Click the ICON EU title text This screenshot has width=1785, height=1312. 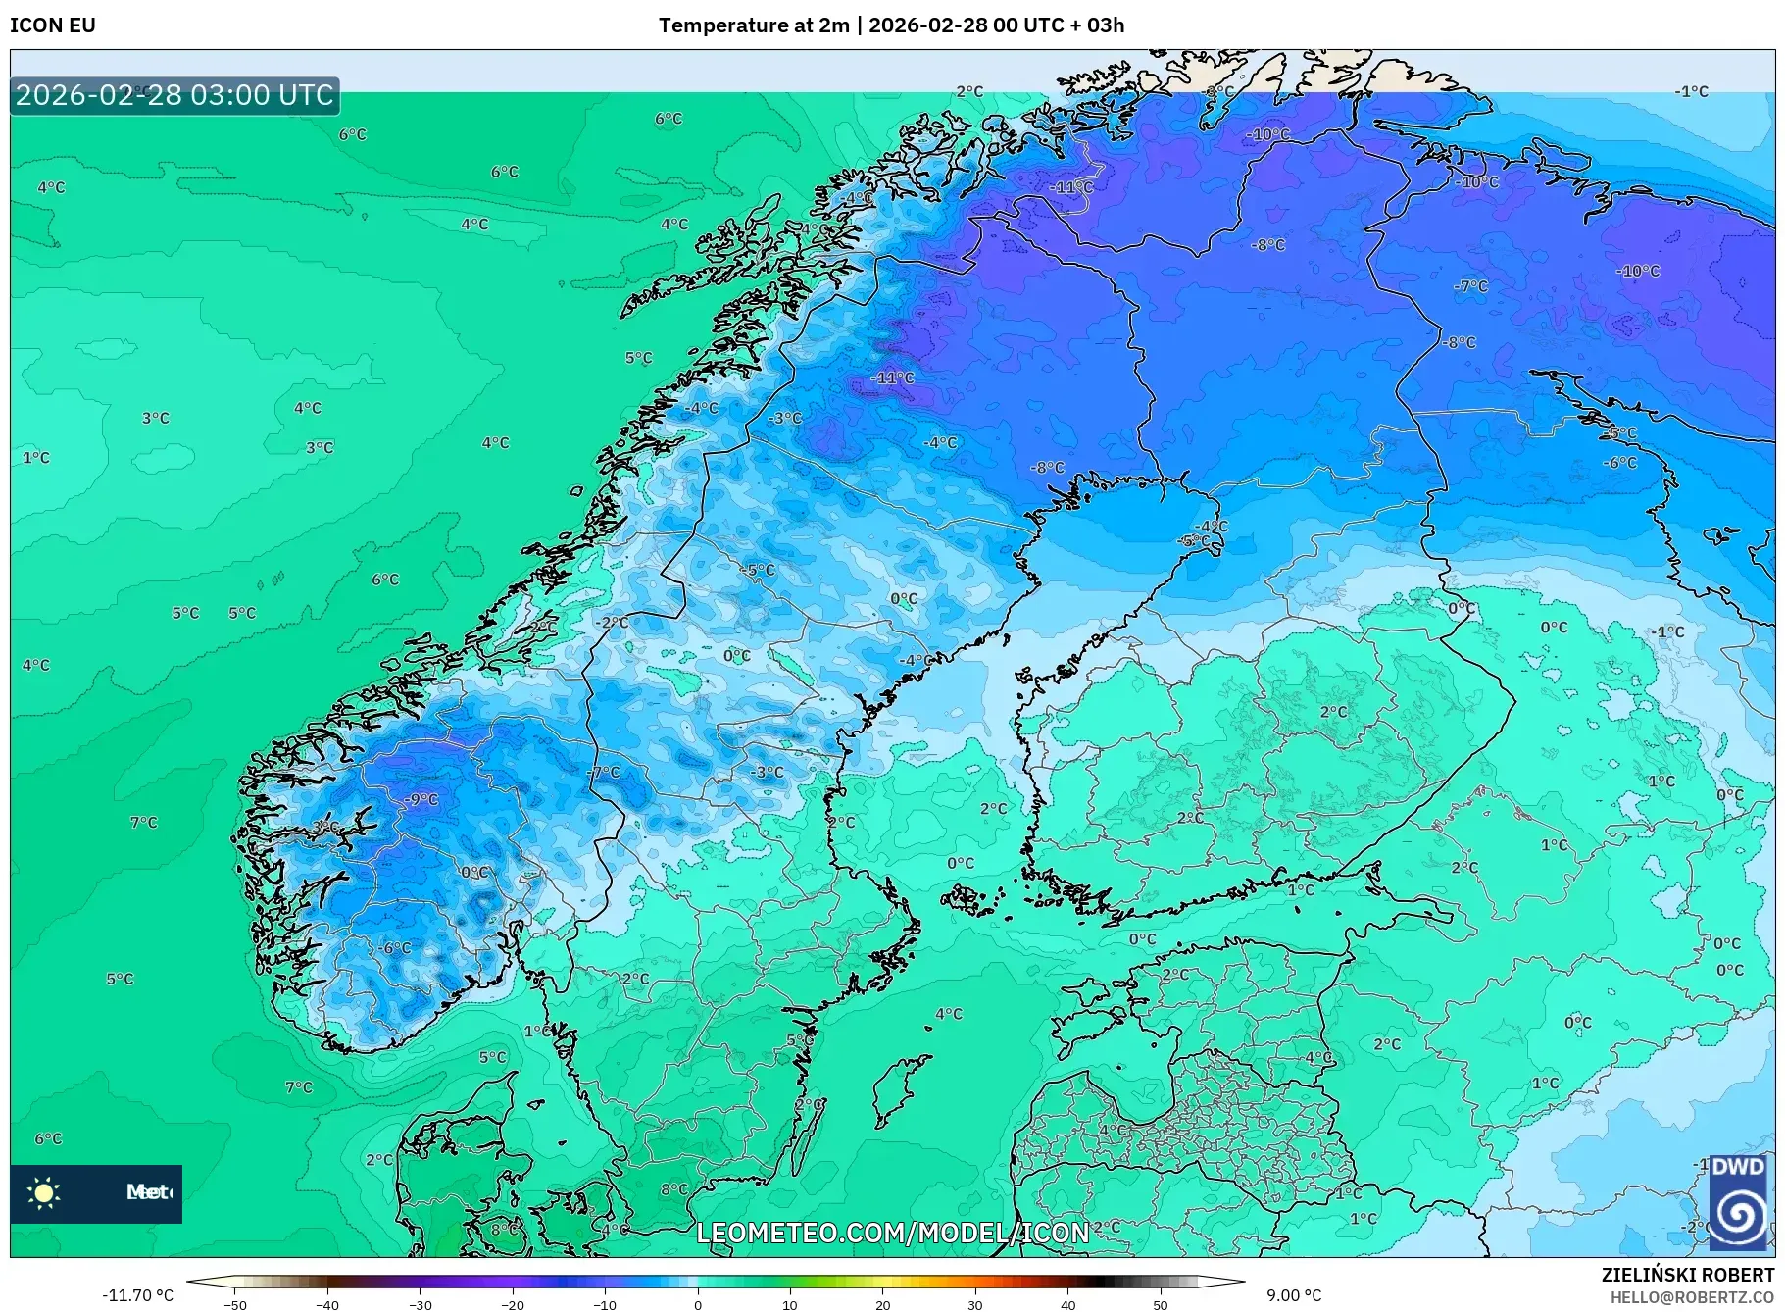tap(53, 25)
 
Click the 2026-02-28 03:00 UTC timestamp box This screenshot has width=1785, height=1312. tap(174, 95)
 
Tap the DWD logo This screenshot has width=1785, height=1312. tap(1737, 1203)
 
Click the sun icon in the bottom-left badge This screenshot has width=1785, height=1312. tap(44, 1192)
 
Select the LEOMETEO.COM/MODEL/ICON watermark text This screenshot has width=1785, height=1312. tap(892, 1233)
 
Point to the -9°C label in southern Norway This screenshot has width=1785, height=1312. tap(421, 799)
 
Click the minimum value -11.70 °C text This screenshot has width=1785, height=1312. tap(138, 1295)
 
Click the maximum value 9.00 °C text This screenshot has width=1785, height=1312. tap(1294, 1295)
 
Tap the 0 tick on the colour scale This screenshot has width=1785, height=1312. tap(697, 1305)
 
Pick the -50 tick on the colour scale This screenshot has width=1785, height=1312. tap(235, 1305)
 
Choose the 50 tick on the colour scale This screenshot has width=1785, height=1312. tap(1160, 1305)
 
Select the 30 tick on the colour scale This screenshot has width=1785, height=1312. tap(974, 1305)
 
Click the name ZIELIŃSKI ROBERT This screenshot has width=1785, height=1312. tap(1687, 1275)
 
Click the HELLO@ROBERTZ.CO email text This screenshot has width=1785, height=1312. tap(1692, 1297)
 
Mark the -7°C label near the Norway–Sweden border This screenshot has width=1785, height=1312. tap(605, 773)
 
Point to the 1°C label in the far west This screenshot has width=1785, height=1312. tap(36, 458)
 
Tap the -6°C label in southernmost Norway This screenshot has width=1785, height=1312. tap(395, 948)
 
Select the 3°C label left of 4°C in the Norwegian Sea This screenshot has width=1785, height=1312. tap(156, 418)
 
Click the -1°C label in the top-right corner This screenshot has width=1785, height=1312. tap(1692, 91)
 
